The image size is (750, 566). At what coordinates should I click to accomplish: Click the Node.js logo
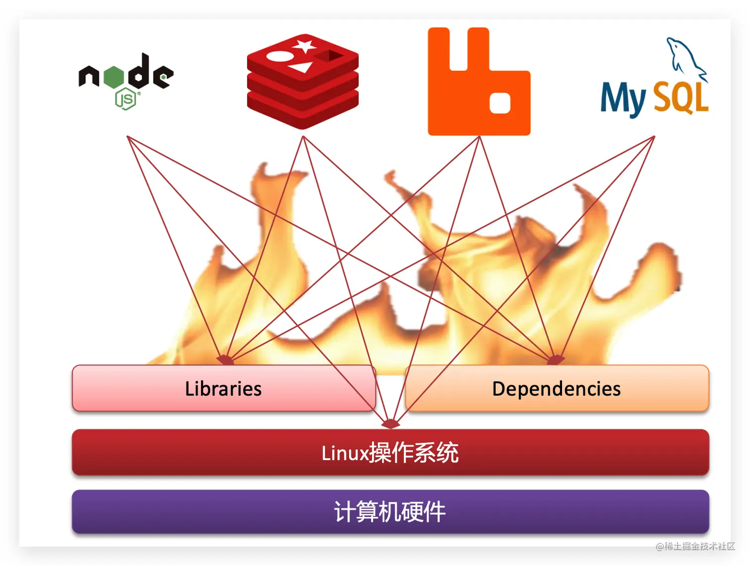tap(126, 79)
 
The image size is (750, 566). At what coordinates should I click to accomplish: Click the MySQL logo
tap(655, 84)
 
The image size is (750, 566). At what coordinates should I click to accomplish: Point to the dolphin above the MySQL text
tap(686, 57)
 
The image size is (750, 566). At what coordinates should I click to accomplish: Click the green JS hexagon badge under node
tap(125, 99)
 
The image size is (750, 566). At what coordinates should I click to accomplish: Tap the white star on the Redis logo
tap(304, 46)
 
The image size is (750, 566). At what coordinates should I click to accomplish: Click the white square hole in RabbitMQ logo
tap(500, 103)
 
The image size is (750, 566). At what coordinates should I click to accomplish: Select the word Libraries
tap(223, 389)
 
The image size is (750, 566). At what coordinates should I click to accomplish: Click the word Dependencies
tap(556, 389)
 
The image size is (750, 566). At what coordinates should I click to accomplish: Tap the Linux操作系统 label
tap(390, 453)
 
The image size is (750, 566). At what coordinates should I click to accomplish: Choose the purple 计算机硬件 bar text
tap(390, 512)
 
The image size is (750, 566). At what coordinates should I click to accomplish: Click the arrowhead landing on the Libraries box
tap(226, 359)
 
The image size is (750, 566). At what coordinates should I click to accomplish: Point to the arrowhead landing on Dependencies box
tap(555, 359)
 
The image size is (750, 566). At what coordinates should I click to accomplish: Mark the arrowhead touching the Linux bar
tap(390, 424)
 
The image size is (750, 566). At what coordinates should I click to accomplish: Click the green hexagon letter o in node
tap(114, 77)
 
